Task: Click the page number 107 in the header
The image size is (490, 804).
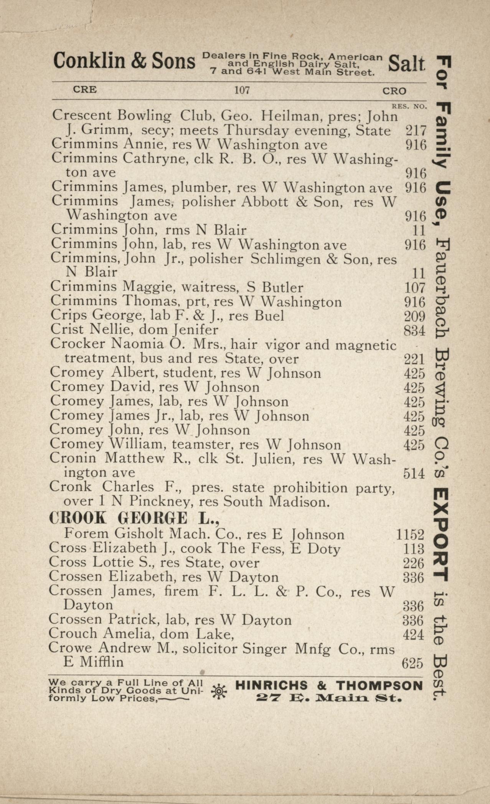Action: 242,90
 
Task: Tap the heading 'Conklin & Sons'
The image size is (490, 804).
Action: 124,61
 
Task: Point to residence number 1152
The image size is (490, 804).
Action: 410,535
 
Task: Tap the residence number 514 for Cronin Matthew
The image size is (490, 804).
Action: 414,474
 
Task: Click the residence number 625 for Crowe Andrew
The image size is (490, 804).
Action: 412,663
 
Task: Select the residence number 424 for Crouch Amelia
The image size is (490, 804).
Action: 413,635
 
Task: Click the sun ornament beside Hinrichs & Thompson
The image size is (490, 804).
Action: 219,691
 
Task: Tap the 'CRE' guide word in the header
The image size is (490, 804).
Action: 85,90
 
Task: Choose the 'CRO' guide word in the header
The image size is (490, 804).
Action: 394,91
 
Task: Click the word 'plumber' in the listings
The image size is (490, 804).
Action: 200,187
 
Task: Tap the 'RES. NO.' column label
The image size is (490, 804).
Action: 409,107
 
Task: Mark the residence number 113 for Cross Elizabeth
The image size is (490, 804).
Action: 414,549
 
